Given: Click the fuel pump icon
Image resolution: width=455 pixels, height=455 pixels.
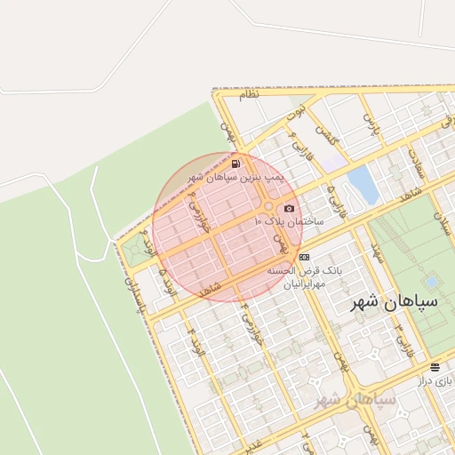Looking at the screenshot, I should (x=235, y=164).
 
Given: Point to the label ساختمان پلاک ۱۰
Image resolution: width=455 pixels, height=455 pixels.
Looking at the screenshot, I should (x=291, y=220).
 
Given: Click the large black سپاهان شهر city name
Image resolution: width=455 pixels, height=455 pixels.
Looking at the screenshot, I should (x=390, y=301).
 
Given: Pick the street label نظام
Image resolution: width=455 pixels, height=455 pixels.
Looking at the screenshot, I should (x=249, y=94).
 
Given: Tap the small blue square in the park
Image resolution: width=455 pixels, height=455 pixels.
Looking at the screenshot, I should (x=432, y=282).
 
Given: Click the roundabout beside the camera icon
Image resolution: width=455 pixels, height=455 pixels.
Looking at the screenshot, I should (x=268, y=206).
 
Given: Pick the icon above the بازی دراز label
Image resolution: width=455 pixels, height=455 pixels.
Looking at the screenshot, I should (x=435, y=366).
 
